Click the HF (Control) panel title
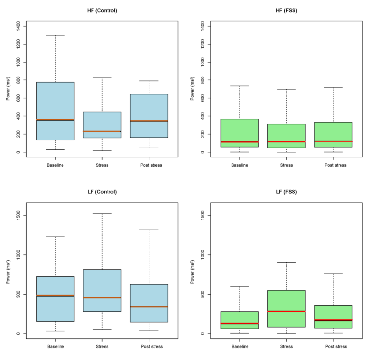[x=102, y=10]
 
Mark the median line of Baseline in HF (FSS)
[x=240, y=142]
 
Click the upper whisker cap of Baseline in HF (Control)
[x=55, y=35]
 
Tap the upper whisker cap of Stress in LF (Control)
[x=102, y=214]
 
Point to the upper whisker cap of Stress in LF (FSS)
[x=287, y=262]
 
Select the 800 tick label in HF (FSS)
[x=204, y=80]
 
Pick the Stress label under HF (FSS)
[x=287, y=165]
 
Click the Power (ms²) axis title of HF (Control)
[x=8, y=89]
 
